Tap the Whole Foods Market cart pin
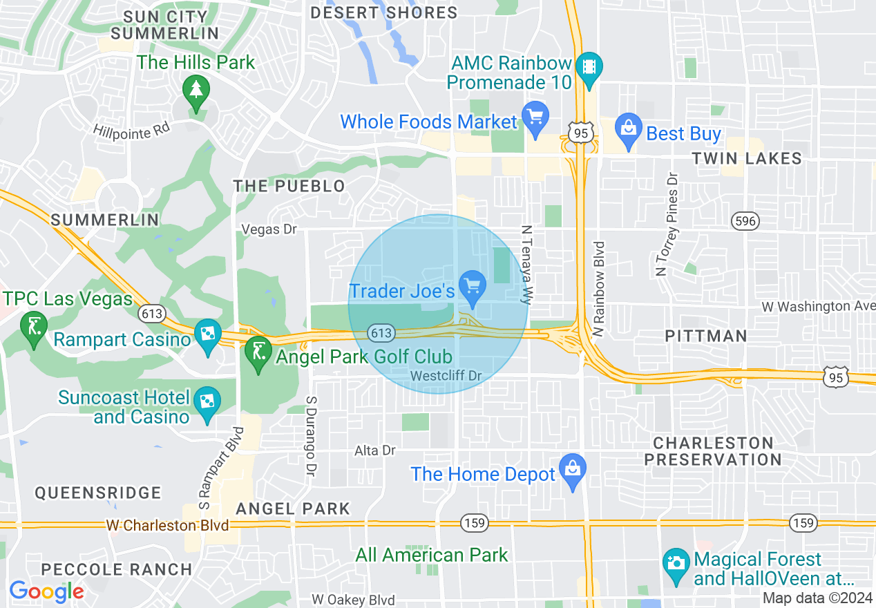tap(535, 117)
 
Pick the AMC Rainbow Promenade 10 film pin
tap(589, 68)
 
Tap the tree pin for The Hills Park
tap(196, 91)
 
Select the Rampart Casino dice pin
tap(207, 335)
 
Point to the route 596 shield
tap(745, 221)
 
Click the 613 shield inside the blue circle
tap(381, 334)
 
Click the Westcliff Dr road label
tap(445, 376)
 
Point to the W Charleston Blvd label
tap(168, 525)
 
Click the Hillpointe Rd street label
tap(131, 131)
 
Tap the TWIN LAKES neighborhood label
tap(747, 159)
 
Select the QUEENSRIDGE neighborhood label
tap(98, 493)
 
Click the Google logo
tap(46, 591)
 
